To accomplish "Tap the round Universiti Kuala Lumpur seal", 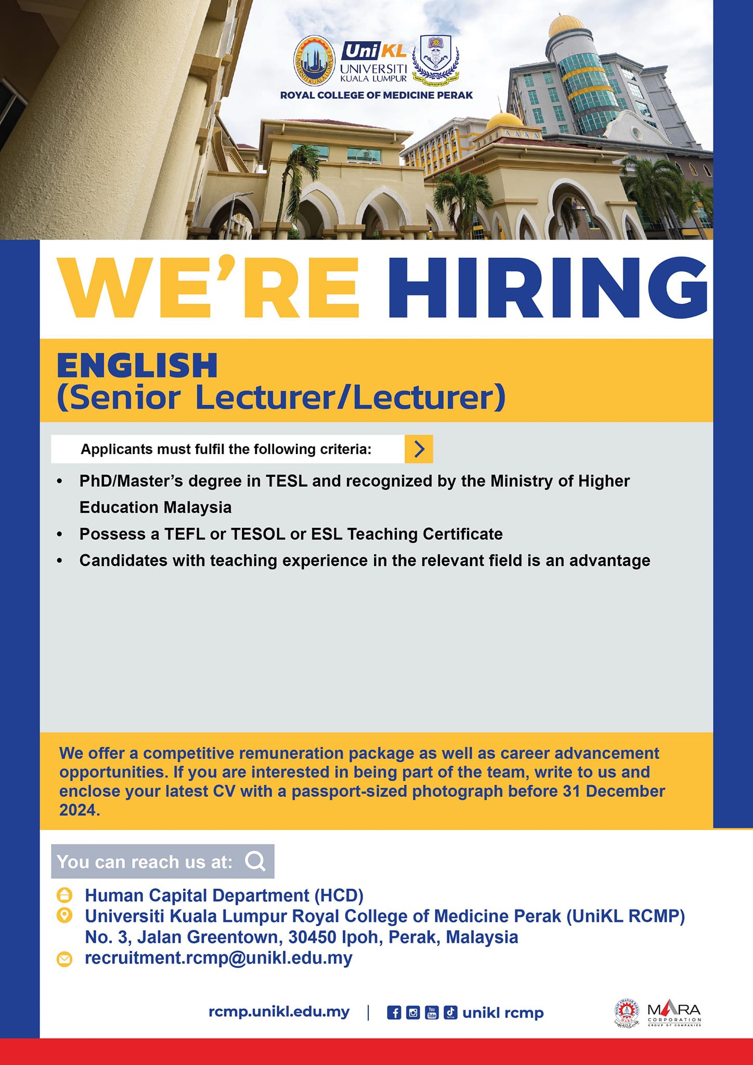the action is [315, 61].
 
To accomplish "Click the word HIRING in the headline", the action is [548, 287].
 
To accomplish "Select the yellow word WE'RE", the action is [209, 287].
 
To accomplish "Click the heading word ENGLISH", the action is [137, 365].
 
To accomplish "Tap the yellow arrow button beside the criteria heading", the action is [419, 449].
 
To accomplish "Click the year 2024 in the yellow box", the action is [78, 810].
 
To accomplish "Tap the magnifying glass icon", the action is [256, 862].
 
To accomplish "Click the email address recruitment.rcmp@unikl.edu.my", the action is [218, 958].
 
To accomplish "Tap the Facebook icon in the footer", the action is [394, 1012].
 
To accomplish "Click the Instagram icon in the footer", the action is [413, 1012].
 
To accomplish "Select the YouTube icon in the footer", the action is [432, 1012].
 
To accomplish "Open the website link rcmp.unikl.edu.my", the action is [279, 1012].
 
